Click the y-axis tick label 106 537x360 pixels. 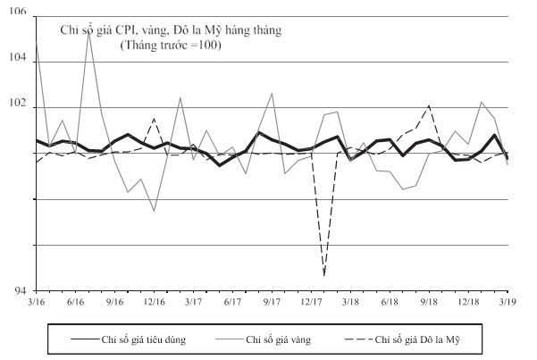pyautogui.click(x=18, y=12)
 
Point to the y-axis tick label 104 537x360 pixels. pyautogui.click(x=18, y=57)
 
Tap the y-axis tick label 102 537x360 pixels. pyautogui.click(x=18, y=103)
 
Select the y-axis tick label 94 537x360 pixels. pyautogui.click(x=21, y=291)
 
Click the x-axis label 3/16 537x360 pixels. pyautogui.click(x=37, y=302)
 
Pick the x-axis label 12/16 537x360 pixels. pyautogui.click(x=154, y=302)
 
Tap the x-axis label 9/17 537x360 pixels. pyautogui.click(x=272, y=302)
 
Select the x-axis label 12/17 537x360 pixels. pyautogui.click(x=311, y=302)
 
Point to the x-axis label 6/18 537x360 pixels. pyautogui.click(x=390, y=302)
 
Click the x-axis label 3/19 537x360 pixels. pyautogui.click(x=508, y=302)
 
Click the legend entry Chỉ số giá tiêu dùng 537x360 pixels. pyautogui.click(x=144, y=339)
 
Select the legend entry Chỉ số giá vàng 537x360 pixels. pyautogui.click(x=279, y=339)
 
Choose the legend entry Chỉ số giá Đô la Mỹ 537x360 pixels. pyautogui.click(x=417, y=339)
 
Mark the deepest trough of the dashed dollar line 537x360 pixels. pyautogui.click(x=324, y=275)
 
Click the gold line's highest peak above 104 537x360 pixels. pyautogui.click(x=89, y=33)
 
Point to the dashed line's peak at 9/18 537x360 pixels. pyautogui.click(x=429, y=105)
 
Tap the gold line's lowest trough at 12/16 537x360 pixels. pyautogui.click(x=154, y=211)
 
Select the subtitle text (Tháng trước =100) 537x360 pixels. pyautogui.click(x=171, y=46)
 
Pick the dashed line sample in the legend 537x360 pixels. pyautogui.click(x=358, y=339)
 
